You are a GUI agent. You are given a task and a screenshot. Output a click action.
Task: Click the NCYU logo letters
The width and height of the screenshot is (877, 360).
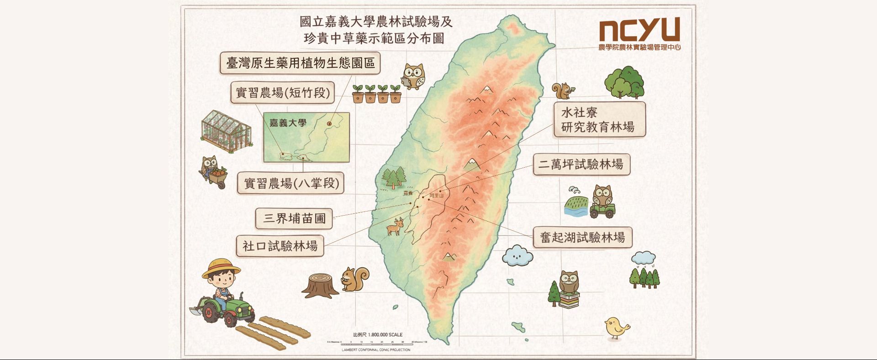(x=639, y=30)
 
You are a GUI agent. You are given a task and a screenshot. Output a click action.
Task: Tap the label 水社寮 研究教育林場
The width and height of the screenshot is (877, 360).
(x=599, y=120)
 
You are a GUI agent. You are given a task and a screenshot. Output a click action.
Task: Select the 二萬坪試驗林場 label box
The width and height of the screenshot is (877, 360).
(x=581, y=164)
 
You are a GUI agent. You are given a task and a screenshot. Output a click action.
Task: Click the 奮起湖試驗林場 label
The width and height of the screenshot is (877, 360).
(x=582, y=238)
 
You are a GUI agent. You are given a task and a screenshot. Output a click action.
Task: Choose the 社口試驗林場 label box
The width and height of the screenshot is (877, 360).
(x=280, y=246)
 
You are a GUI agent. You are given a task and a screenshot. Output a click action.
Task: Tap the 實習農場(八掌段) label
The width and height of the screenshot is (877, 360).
(x=291, y=184)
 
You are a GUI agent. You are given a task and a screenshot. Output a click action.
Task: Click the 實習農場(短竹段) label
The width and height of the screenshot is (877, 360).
(x=282, y=93)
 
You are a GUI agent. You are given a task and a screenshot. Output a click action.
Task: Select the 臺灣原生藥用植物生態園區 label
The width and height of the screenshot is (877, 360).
(x=300, y=63)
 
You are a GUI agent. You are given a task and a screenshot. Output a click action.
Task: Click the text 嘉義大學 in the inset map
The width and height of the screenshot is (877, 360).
(x=288, y=123)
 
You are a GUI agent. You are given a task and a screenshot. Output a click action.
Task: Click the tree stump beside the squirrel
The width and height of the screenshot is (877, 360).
(x=321, y=285)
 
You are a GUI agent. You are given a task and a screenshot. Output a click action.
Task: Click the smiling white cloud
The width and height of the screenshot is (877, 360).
(x=517, y=256)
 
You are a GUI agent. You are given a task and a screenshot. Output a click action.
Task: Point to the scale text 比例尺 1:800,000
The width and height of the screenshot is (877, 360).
(x=377, y=334)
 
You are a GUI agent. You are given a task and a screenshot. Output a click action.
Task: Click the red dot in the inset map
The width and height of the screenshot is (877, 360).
(x=329, y=123)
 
